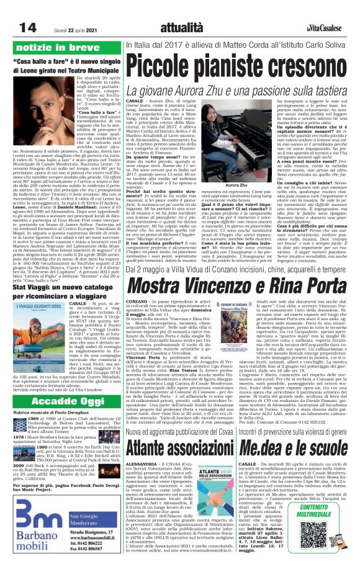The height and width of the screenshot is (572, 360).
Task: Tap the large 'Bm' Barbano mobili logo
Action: (x=32, y=519)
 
